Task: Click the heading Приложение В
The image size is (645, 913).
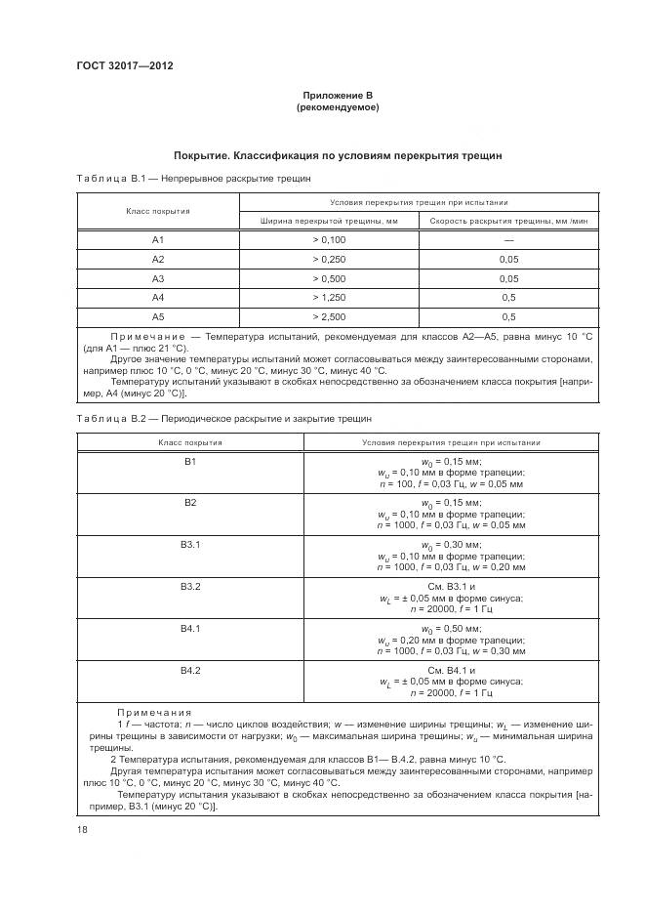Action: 337,94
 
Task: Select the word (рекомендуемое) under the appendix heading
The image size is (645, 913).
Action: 337,106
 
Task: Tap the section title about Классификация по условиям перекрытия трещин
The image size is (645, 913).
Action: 337,155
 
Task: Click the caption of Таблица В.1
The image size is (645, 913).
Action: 193,180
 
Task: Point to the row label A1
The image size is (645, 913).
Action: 158,239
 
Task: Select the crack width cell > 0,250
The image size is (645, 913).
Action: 329,259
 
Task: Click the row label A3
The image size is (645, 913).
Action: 158,278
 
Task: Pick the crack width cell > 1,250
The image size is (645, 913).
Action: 329,298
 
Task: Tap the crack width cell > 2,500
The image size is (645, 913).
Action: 329,317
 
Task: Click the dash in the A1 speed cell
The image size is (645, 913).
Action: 508,239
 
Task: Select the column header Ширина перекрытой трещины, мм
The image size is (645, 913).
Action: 329,221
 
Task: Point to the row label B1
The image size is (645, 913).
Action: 190,461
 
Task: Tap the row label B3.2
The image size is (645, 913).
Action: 190,586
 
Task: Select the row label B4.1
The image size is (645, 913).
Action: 190,628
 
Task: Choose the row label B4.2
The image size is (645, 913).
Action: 190,670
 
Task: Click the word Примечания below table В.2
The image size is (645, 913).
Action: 154,713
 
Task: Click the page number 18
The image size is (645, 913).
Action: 81,830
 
